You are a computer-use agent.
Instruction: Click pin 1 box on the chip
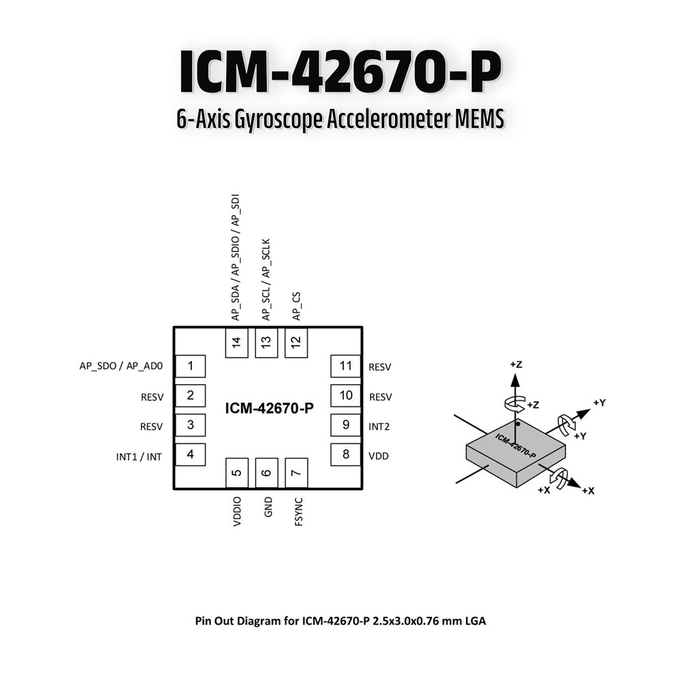point(190,366)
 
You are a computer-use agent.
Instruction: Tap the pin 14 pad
point(237,343)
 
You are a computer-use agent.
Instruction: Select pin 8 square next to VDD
point(346,454)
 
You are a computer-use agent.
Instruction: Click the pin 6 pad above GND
point(266,473)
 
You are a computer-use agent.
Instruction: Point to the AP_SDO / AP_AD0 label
point(121,366)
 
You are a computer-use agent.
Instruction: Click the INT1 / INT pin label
point(139,457)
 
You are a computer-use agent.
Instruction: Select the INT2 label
point(379,427)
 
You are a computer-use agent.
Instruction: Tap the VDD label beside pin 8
point(379,456)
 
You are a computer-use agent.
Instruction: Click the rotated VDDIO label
point(237,512)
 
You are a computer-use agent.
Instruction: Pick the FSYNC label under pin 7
point(298,512)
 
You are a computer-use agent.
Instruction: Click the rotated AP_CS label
point(297,306)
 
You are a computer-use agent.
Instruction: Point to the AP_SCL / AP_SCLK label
point(266,280)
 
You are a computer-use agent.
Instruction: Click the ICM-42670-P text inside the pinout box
point(269,409)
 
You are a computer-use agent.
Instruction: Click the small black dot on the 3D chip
point(518,424)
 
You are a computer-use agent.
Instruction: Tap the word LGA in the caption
point(475,621)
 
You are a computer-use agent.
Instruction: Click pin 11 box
point(346,366)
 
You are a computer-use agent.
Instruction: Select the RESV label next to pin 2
point(152,398)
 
